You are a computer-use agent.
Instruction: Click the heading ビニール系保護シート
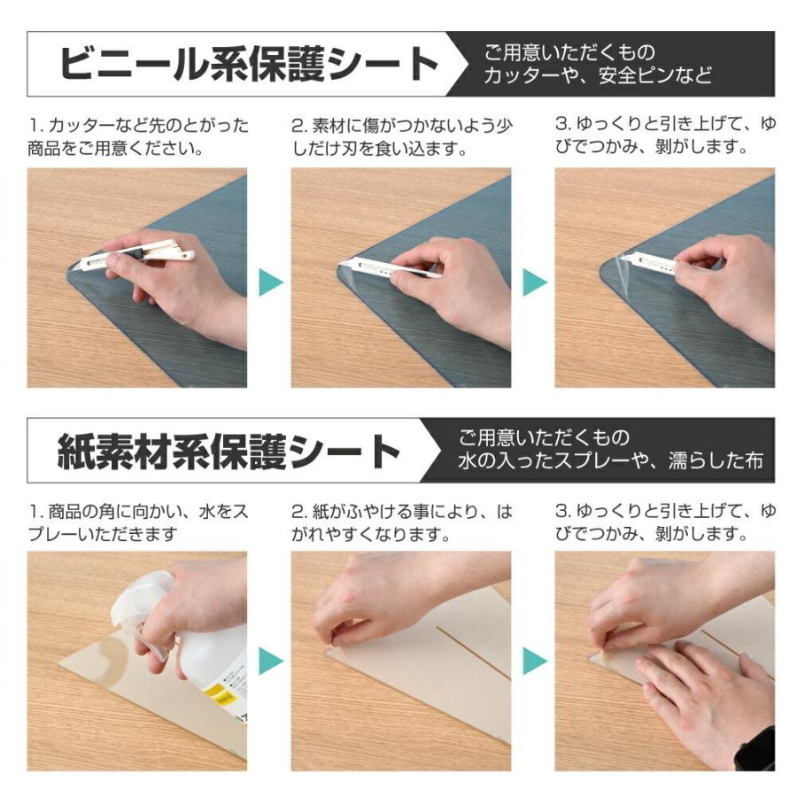pyautogui.click(x=248, y=65)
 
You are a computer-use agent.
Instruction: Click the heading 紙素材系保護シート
pyautogui.click(x=229, y=452)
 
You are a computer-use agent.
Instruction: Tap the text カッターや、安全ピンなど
pyautogui.click(x=598, y=76)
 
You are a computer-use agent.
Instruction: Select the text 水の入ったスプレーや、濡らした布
pyautogui.click(x=610, y=461)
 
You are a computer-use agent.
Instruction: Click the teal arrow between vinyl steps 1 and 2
pyautogui.click(x=269, y=282)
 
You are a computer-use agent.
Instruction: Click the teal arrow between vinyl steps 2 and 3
pyautogui.click(x=533, y=282)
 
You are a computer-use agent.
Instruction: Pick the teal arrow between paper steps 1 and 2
pyautogui.click(x=269, y=661)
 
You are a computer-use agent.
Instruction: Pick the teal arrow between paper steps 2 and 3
pyautogui.click(x=533, y=661)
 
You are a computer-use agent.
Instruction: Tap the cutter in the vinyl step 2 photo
pyautogui.click(x=381, y=267)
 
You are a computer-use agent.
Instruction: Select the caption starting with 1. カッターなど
pyautogui.click(x=137, y=136)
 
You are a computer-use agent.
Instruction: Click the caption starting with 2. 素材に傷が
pyautogui.click(x=401, y=136)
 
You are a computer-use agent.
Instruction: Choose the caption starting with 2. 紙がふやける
pyautogui.click(x=401, y=523)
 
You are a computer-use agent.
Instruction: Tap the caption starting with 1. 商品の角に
pyautogui.click(x=137, y=523)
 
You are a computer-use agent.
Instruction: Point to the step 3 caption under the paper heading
pyautogui.click(x=665, y=523)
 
